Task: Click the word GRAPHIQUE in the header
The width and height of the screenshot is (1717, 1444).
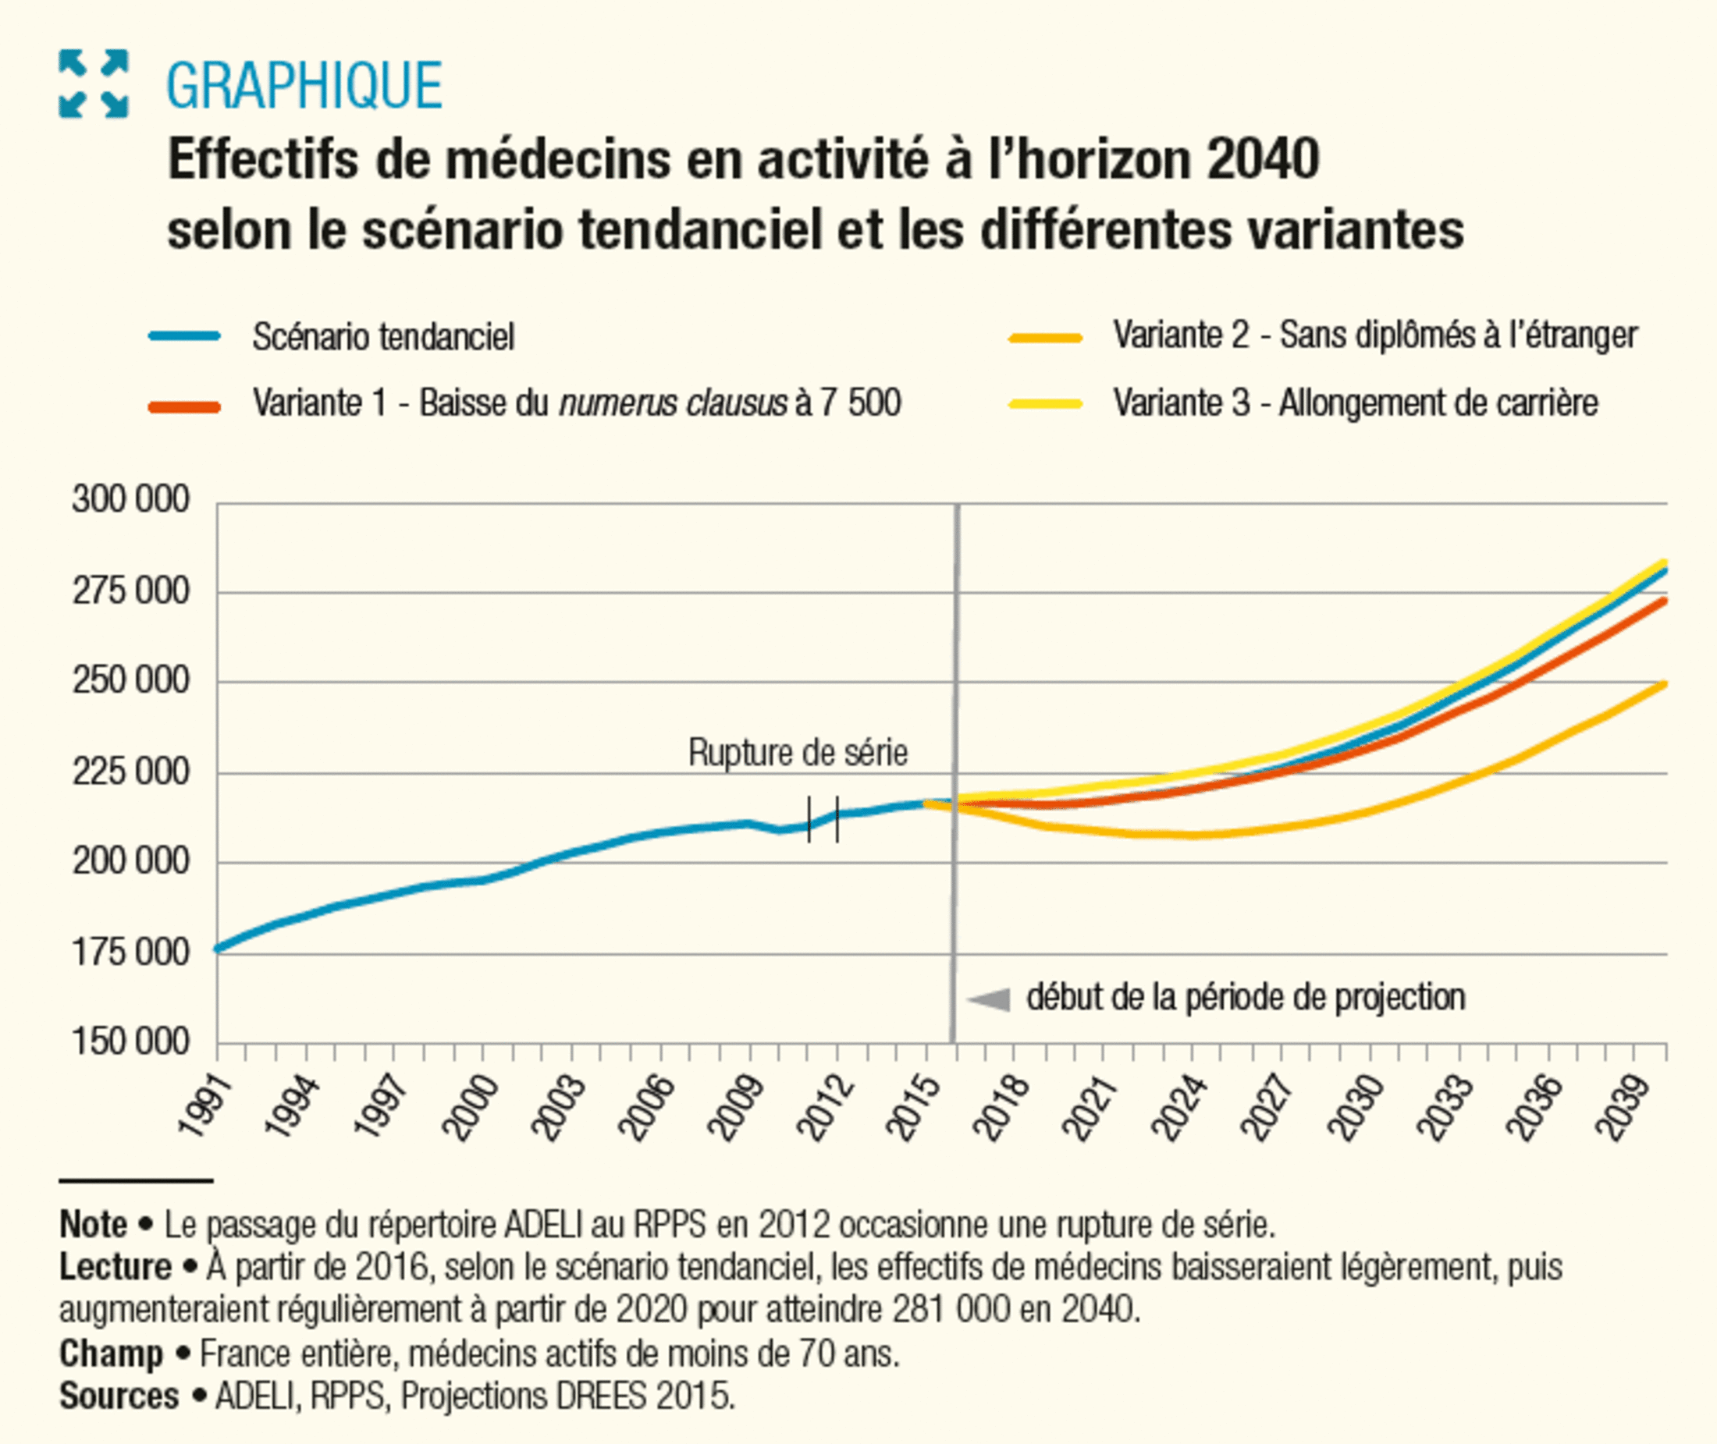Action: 304,85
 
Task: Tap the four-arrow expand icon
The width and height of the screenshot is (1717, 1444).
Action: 94,83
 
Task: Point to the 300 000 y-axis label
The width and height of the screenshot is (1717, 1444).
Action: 131,499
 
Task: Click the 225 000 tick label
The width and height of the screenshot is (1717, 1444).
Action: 131,771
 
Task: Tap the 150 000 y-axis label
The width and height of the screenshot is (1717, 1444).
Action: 131,1041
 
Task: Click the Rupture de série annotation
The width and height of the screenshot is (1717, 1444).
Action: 798,752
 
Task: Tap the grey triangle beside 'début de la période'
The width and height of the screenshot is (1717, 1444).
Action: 989,999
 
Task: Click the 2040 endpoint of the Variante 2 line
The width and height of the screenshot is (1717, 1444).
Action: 1665,684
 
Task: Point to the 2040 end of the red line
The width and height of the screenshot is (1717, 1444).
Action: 1665,601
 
